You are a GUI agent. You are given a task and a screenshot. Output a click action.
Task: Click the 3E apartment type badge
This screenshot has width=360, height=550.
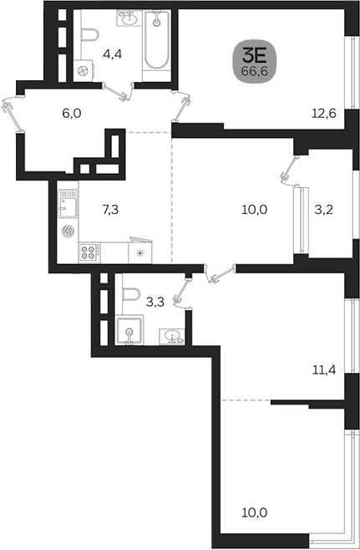click(x=255, y=64)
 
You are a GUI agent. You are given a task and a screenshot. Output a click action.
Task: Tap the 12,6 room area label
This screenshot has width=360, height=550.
click(x=324, y=114)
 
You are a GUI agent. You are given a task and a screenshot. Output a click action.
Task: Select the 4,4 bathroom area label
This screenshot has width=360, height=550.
click(x=112, y=54)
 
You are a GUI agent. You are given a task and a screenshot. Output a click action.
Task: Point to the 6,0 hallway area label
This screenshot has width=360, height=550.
click(x=72, y=114)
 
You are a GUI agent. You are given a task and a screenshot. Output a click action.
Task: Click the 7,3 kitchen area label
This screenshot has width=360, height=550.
click(x=110, y=210)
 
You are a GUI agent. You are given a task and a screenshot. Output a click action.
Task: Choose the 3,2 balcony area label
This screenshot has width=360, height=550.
click(x=323, y=210)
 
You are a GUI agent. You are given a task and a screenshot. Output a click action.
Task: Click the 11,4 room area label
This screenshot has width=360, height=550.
click(x=324, y=369)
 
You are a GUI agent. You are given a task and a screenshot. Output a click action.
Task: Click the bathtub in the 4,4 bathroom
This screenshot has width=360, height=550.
click(x=157, y=40)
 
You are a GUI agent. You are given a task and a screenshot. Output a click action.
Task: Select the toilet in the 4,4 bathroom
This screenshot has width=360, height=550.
click(x=90, y=36)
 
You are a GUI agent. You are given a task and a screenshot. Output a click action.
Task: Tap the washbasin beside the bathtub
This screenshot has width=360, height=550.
click(x=129, y=18)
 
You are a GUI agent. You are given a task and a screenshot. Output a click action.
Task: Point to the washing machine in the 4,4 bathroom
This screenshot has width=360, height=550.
click(x=84, y=71)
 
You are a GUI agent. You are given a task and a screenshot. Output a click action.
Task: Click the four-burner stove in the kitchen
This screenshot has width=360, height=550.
click(x=88, y=252)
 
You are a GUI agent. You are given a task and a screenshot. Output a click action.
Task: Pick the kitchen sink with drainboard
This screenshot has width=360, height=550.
click(x=68, y=204)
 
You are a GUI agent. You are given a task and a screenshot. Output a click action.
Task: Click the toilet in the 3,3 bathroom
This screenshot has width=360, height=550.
click(x=131, y=294)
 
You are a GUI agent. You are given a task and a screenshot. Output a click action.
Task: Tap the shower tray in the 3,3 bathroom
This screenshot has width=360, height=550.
click(x=129, y=329)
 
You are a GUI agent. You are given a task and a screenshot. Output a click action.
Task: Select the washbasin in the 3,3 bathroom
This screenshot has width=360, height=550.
click(x=172, y=336)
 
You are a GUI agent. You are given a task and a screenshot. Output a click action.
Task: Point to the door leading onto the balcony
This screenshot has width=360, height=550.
click(x=289, y=171)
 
